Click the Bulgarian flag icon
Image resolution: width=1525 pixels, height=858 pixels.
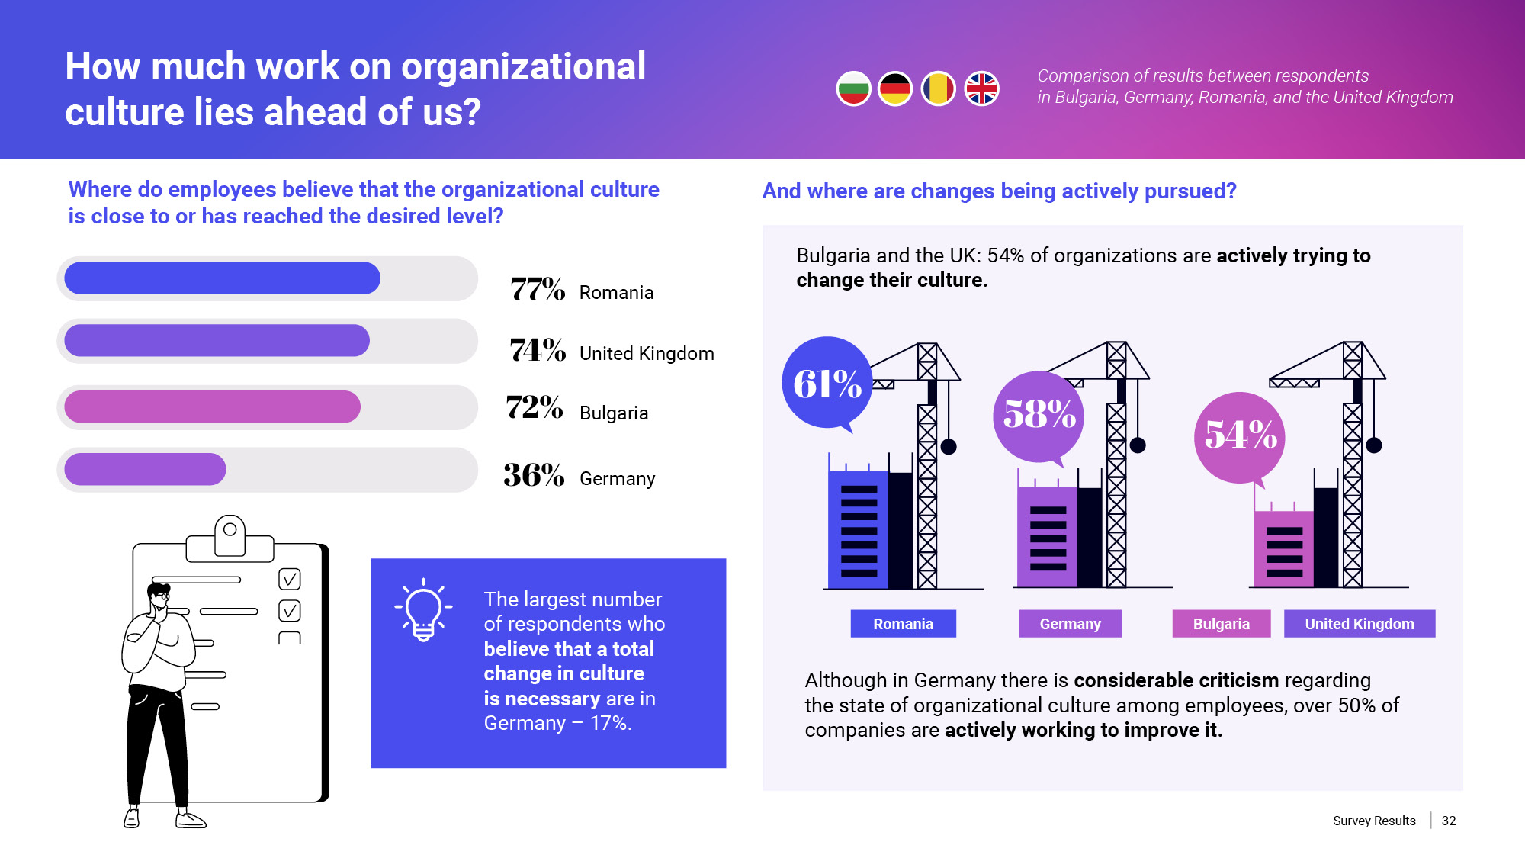(x=853, y=89)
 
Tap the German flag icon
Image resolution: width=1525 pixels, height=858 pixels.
(x=895, y=89)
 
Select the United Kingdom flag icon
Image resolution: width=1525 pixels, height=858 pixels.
(x=981, y=89)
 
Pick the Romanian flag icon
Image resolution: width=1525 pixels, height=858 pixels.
(x=939, y=89)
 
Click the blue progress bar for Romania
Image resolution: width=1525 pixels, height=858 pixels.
(x=222, y=278)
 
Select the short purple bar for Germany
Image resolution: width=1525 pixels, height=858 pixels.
(x=145, y=469)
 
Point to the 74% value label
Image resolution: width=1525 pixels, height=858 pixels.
(x=538, y=351)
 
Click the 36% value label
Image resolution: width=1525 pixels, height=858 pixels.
(x=534, y=476)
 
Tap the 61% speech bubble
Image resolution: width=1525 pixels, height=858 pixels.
(x=827, y=383)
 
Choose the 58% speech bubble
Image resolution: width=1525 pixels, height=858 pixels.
(x=1039, y=416)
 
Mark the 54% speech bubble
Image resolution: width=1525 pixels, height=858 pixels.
(x=1240, y=436)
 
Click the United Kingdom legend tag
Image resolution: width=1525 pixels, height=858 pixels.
(x=1359, y=624)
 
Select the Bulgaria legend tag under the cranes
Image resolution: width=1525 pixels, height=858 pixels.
(x=1221, y=624)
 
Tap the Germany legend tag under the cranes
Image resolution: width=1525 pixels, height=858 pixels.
(x=1070, y=624)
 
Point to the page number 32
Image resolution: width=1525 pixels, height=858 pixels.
(x=1449, y=821)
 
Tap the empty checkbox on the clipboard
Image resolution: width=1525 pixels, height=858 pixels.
(x=290, y=638)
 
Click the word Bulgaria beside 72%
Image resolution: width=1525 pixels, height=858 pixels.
(x=614, y=413)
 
